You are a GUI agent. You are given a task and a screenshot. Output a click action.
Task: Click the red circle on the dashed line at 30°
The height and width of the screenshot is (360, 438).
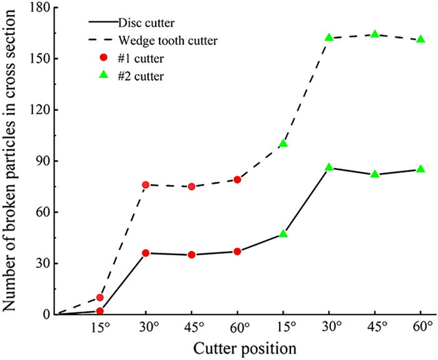(x=146, y=184)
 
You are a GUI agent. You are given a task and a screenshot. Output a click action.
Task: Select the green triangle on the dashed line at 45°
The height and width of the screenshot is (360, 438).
(x=375, y=34)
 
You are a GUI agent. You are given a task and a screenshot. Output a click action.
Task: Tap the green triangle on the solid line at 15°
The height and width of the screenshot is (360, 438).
(x=283, y=234)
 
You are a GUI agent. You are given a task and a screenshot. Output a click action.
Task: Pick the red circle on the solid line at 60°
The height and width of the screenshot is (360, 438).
(x=238, y=251)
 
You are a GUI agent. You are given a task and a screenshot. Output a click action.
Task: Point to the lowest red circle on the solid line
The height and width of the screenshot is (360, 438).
(x=100, y=311)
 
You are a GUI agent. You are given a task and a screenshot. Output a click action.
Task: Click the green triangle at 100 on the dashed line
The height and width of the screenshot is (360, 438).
(x=283, y=143)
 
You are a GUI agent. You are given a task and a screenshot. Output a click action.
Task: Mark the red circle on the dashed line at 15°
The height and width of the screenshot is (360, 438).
(x=100, y=297)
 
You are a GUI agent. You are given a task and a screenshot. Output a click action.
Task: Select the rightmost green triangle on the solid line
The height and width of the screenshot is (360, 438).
(x=420, y=169)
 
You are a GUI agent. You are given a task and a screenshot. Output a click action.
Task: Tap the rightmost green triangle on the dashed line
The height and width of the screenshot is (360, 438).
(x=420, y=39)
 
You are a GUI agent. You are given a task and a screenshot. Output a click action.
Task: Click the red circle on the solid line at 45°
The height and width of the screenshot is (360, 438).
(x=191, y=254)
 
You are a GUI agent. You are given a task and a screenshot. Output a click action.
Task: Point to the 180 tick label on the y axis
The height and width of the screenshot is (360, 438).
(x=41, y=7)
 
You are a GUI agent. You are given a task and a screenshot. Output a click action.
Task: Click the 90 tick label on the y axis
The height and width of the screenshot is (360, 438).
(x=44, y=161)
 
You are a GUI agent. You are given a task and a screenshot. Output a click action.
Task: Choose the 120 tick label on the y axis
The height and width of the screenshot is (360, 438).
(x=41, y=109)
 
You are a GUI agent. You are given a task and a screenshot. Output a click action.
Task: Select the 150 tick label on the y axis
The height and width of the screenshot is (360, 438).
(x=41, y=59)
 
